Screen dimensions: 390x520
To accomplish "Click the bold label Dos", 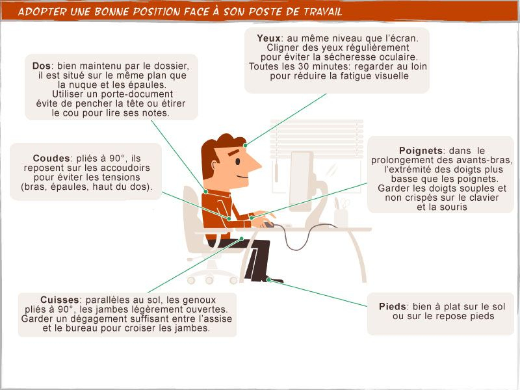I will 43,66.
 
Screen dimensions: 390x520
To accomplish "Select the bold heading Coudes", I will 51,158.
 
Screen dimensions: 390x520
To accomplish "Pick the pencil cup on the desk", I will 341,217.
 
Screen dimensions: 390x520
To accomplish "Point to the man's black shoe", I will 275,279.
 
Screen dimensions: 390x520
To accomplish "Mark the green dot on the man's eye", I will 245,144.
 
